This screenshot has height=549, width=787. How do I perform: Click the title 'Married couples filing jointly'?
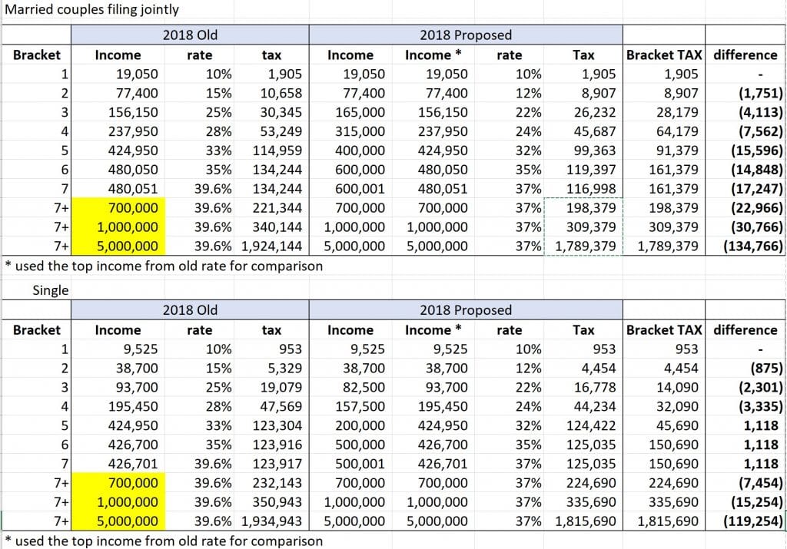click(91, 9)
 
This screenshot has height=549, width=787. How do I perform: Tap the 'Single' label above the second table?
click(51, 290)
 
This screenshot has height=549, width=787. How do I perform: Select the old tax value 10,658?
click(281, 93)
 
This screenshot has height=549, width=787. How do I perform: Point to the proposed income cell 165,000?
click(360, 112)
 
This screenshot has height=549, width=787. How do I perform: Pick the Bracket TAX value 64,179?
click(677, 131)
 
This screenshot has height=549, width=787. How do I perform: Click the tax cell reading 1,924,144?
click(271, 246)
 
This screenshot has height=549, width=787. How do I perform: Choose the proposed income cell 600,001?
click(360, 189)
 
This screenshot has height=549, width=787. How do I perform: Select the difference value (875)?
click(766, 369)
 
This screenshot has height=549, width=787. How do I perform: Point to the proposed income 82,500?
click(364, 388)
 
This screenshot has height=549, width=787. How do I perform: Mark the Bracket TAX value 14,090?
click(677, 388)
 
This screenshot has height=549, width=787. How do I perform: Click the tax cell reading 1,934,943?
click(271, 521)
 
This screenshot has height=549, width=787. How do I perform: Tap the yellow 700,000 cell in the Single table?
click(118, 483)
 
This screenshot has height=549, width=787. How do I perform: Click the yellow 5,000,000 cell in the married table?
click(118, 246)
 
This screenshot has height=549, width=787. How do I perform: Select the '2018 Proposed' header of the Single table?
click(466, 310)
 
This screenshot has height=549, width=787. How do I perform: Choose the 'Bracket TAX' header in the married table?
click(663, 55)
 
